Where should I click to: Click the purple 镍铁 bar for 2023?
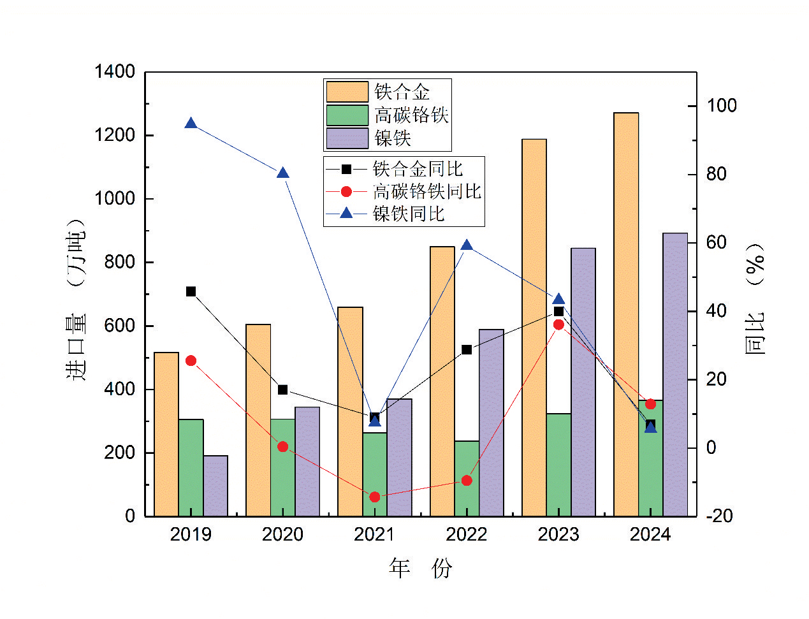point(583,382)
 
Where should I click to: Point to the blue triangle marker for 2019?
point(191,123)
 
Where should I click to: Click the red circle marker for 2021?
point(375,497)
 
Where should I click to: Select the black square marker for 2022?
point(467,349)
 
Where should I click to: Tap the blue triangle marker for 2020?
point(282,173)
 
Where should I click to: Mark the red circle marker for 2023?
point(558,324)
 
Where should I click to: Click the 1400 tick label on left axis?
point(115,71)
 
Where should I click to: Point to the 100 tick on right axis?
point(721,105)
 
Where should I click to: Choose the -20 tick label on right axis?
point(720,516)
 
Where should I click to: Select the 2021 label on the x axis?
point(374,534)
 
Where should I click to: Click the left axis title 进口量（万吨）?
point(76,300)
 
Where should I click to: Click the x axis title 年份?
point(420,567)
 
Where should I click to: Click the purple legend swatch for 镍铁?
point(347,138)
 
